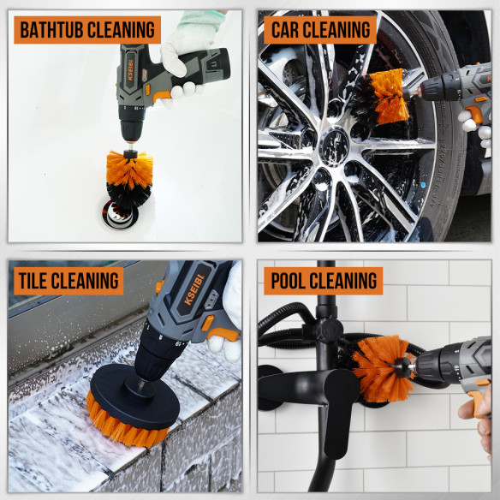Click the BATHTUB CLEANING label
(87, 29)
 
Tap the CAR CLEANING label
(320, 29)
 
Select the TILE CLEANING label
(68, 279)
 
